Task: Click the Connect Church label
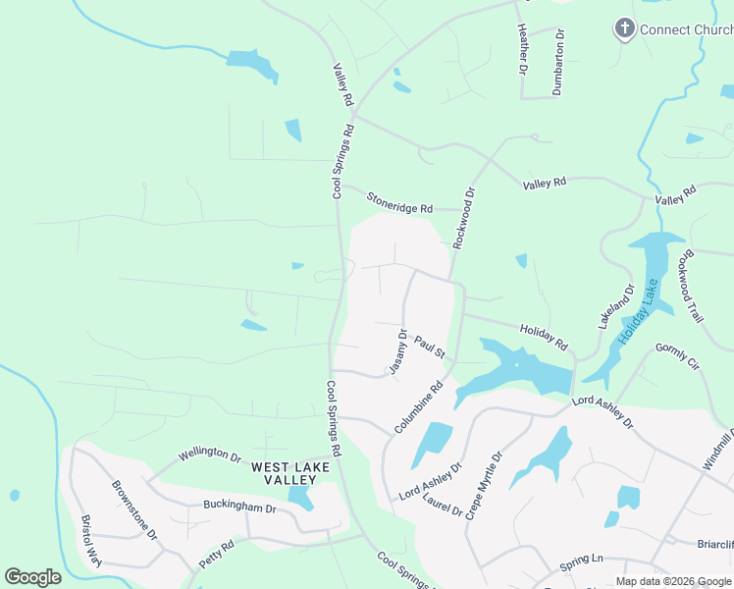pyautogui.click(x=686, y=29)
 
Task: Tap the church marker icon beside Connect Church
pyautogui.click(x=624, y=28)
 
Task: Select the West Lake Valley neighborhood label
pyautogui.click(x=284, y=473)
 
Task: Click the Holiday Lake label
pyautogui.click(x=639, y=311)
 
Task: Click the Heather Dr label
pyautogui.click(x=522, y=49)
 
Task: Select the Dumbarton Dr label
pyautogui.click(x=559, y=60)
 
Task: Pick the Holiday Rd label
pyautogui.click(x=544, y=338)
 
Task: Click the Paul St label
pyautogui.click(x=430, y=347)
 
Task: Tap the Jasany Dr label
pyautogui.click(x=398, y=352)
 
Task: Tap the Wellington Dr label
pyautogui.click(x=209, y=455)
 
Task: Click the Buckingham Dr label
pyautogui.click(x=239, y=507)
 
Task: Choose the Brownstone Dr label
pyautogui.click(x=133, y=509)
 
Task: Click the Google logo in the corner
pyautogui.click(x=32, y=577)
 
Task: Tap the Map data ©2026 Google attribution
pyautogui.click(x=673, y=581)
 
